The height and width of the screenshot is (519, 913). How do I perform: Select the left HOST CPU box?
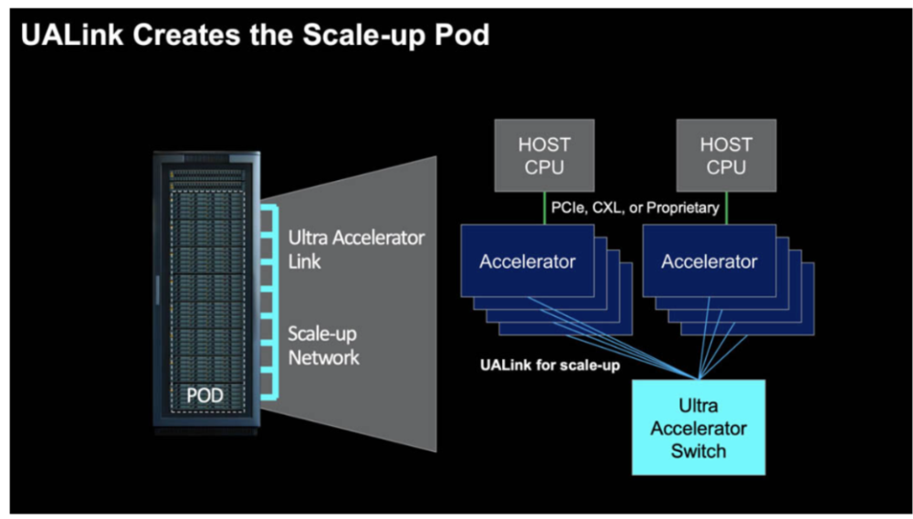coord(544,156)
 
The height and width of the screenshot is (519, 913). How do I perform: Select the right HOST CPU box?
coord(726,156)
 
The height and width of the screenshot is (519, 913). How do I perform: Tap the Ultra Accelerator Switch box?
coord(698,427)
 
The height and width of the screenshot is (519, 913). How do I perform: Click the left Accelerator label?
coord(527,262)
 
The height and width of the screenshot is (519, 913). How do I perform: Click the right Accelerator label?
coord(709,262)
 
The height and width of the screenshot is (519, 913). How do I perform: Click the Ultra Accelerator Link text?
coord(356,249)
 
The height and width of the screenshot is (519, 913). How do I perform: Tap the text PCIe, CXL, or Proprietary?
coord(634,208)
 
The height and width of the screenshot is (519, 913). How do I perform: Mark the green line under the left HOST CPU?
coord(544,207)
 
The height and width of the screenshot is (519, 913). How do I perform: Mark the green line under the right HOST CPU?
coord(727,207)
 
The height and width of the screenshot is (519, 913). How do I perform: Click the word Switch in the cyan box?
coord(698,450)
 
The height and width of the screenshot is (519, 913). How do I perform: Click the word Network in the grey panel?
coord(324,357)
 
